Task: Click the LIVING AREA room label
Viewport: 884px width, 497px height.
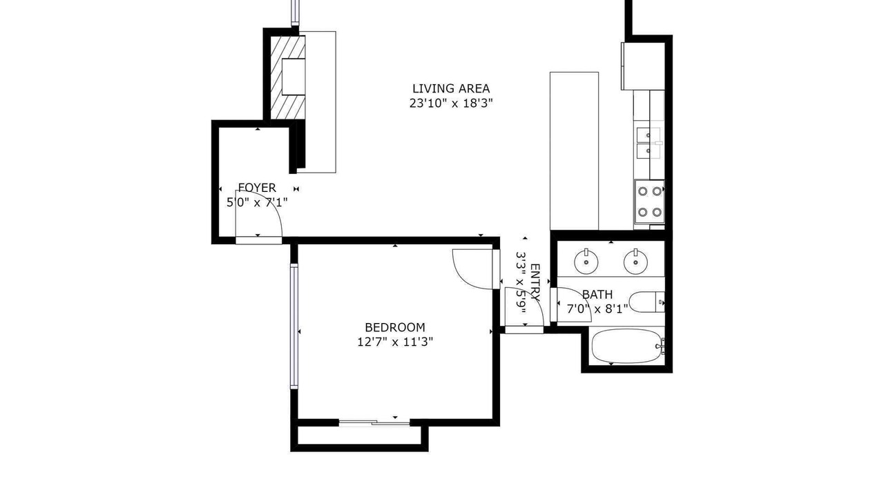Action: click(451, 88)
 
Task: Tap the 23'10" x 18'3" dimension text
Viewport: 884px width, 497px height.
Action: click(451, 104)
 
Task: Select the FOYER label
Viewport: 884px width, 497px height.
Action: click(257, 188)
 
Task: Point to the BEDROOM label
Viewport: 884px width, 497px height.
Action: click(395, 327)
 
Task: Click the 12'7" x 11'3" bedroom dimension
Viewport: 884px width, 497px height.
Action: click(395, 342)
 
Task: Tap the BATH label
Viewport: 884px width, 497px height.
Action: click(597, 295)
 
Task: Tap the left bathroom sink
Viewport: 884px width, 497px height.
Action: click(586, 261)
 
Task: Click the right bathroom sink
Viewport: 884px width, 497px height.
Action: click(635, 261)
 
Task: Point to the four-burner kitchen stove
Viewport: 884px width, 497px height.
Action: click(650, 202)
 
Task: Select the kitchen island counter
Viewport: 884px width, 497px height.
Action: click(574, 150)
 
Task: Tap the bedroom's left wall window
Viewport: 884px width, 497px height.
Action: click(294, 327)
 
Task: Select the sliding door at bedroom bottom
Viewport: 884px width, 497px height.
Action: click(374, 423)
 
